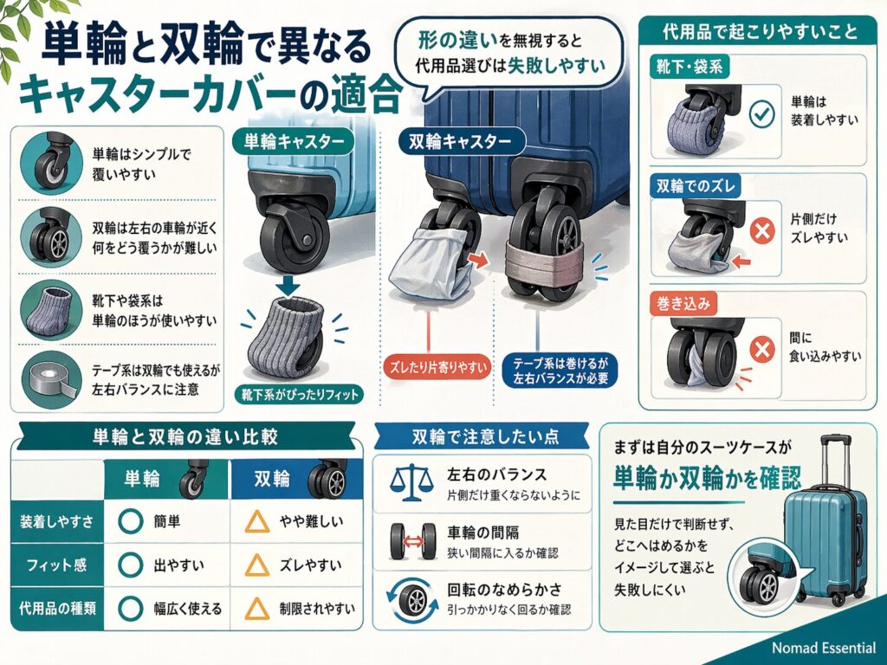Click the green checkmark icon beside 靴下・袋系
click(x=761, y=114)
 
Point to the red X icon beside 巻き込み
click(x=761, y=351)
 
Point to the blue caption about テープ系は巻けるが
click(x=555, y=370)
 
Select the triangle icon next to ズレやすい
click(x=256, y=565)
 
